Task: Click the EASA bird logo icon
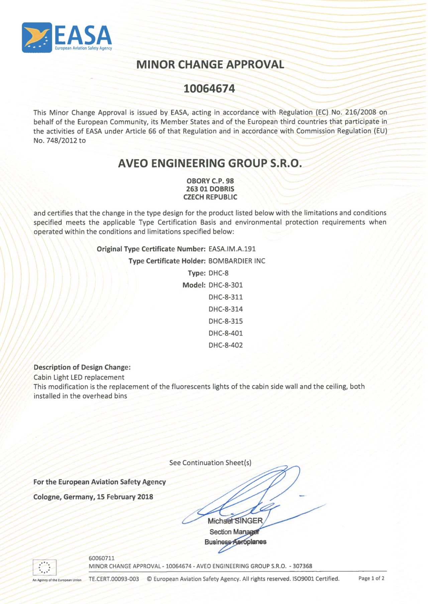(37, 37)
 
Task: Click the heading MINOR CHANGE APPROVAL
(210, 64)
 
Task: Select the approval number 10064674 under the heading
(209, 89)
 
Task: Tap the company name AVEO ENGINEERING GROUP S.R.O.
(210, 163)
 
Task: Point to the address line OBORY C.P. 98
(210, 181)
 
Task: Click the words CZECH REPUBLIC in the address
(210, 197)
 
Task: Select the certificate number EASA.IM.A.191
(232, 249)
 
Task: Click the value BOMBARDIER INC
(237, 261)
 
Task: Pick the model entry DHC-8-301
(226, 285)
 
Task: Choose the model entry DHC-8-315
(226, 321)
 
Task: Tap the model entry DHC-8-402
(226, 345)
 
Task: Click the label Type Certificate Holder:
(167, 261)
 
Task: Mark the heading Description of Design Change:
(82, 367)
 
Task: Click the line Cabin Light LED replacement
(79, 377)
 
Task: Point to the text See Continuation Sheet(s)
(210, 463)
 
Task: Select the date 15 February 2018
(125, 497)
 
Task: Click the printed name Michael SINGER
(235, 521)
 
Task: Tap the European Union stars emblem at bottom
(44, 567)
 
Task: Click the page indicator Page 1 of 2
(371, 578)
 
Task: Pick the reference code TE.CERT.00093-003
(114, 579)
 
